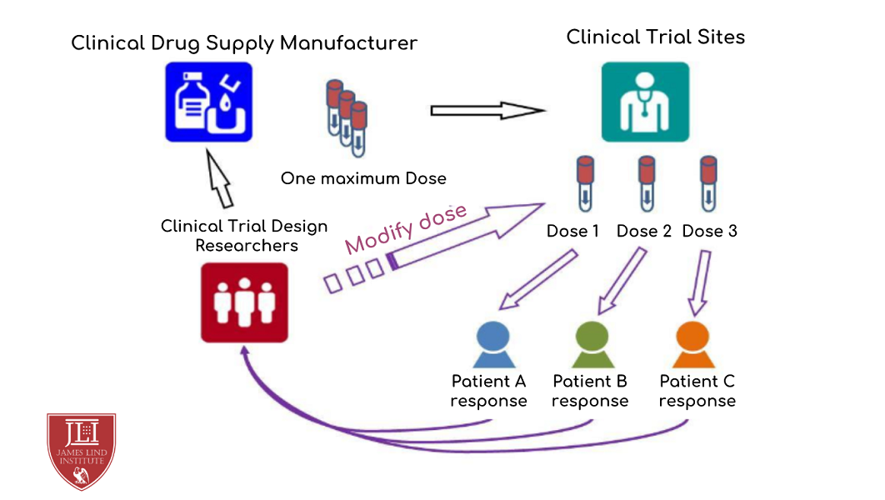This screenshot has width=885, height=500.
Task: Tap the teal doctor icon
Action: coord(645,102)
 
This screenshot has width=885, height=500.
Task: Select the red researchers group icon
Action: coord(244,302)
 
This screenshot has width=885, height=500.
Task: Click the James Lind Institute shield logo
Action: coord(81,450)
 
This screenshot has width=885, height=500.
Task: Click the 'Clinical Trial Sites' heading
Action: coord(655,37)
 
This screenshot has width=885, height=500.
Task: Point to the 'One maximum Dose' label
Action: coord(363,178)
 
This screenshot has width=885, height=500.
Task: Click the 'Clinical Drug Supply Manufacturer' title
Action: coord(244,43)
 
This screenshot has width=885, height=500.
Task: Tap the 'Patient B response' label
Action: coord(590,392)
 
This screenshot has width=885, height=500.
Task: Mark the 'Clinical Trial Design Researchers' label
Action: coord(244,235)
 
